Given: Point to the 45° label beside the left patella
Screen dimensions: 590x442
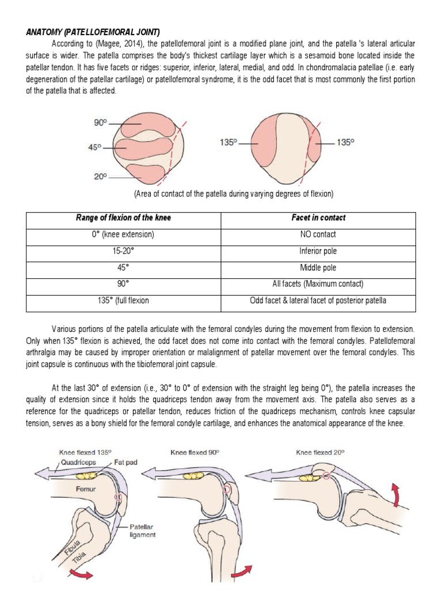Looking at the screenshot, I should (x=95, y=147).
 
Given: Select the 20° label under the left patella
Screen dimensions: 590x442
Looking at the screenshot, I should (x=101, y=177).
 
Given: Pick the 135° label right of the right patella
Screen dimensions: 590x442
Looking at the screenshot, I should (x=345, y=142).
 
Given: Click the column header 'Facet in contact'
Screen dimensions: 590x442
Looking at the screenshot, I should (x=318, y=218).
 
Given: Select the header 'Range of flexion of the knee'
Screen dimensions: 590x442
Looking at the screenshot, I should (x=124, y=218).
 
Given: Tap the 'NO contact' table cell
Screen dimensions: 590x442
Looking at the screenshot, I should (x=318, y=235).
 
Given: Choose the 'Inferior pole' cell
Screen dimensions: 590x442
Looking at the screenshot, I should (x=318, y=251).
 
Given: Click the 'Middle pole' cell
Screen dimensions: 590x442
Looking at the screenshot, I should (x=318, y=268).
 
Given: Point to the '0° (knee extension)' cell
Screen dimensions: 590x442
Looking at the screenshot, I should (x=124, y=235).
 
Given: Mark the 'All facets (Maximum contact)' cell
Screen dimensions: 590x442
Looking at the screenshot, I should (x=318, y=284).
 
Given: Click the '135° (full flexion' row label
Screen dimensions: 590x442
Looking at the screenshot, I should (x=124, y=301).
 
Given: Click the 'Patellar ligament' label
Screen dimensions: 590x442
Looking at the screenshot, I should (x=142, y=531).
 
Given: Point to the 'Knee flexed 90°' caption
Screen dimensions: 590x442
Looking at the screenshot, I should (x=196, y=453).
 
